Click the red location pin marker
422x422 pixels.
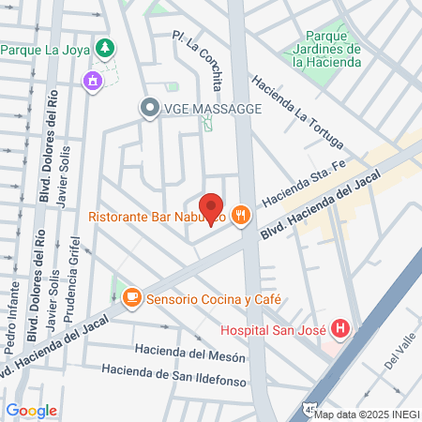pos(211,209)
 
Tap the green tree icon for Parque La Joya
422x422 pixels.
pos(106,48)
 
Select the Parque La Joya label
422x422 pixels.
pos(47,49)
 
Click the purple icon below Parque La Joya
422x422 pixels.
pos(92,81)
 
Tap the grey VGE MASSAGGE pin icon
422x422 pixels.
pos(148,109)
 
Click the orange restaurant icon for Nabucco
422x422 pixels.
pos(242,216)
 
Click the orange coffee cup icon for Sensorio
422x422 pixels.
pos(131,297)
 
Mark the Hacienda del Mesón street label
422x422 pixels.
pos(190,354)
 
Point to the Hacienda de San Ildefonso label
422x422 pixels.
pos(175,375)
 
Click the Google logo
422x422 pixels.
pos(31,410)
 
